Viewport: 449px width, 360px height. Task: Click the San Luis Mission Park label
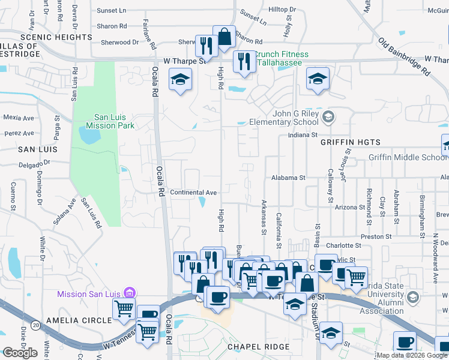(110, 121)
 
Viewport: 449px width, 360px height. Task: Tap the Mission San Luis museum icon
(128, 293)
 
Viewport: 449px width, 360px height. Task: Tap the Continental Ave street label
(193, 193)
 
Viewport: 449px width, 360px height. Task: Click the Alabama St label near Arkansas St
(288, 178)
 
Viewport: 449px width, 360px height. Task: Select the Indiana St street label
(302, 136)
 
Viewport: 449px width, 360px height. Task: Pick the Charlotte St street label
(343, 245)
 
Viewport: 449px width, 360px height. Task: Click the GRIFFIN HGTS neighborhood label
(351, 142)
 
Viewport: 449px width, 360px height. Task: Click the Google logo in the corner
(20, 353)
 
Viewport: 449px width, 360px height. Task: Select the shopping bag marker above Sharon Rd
(224, 35)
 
